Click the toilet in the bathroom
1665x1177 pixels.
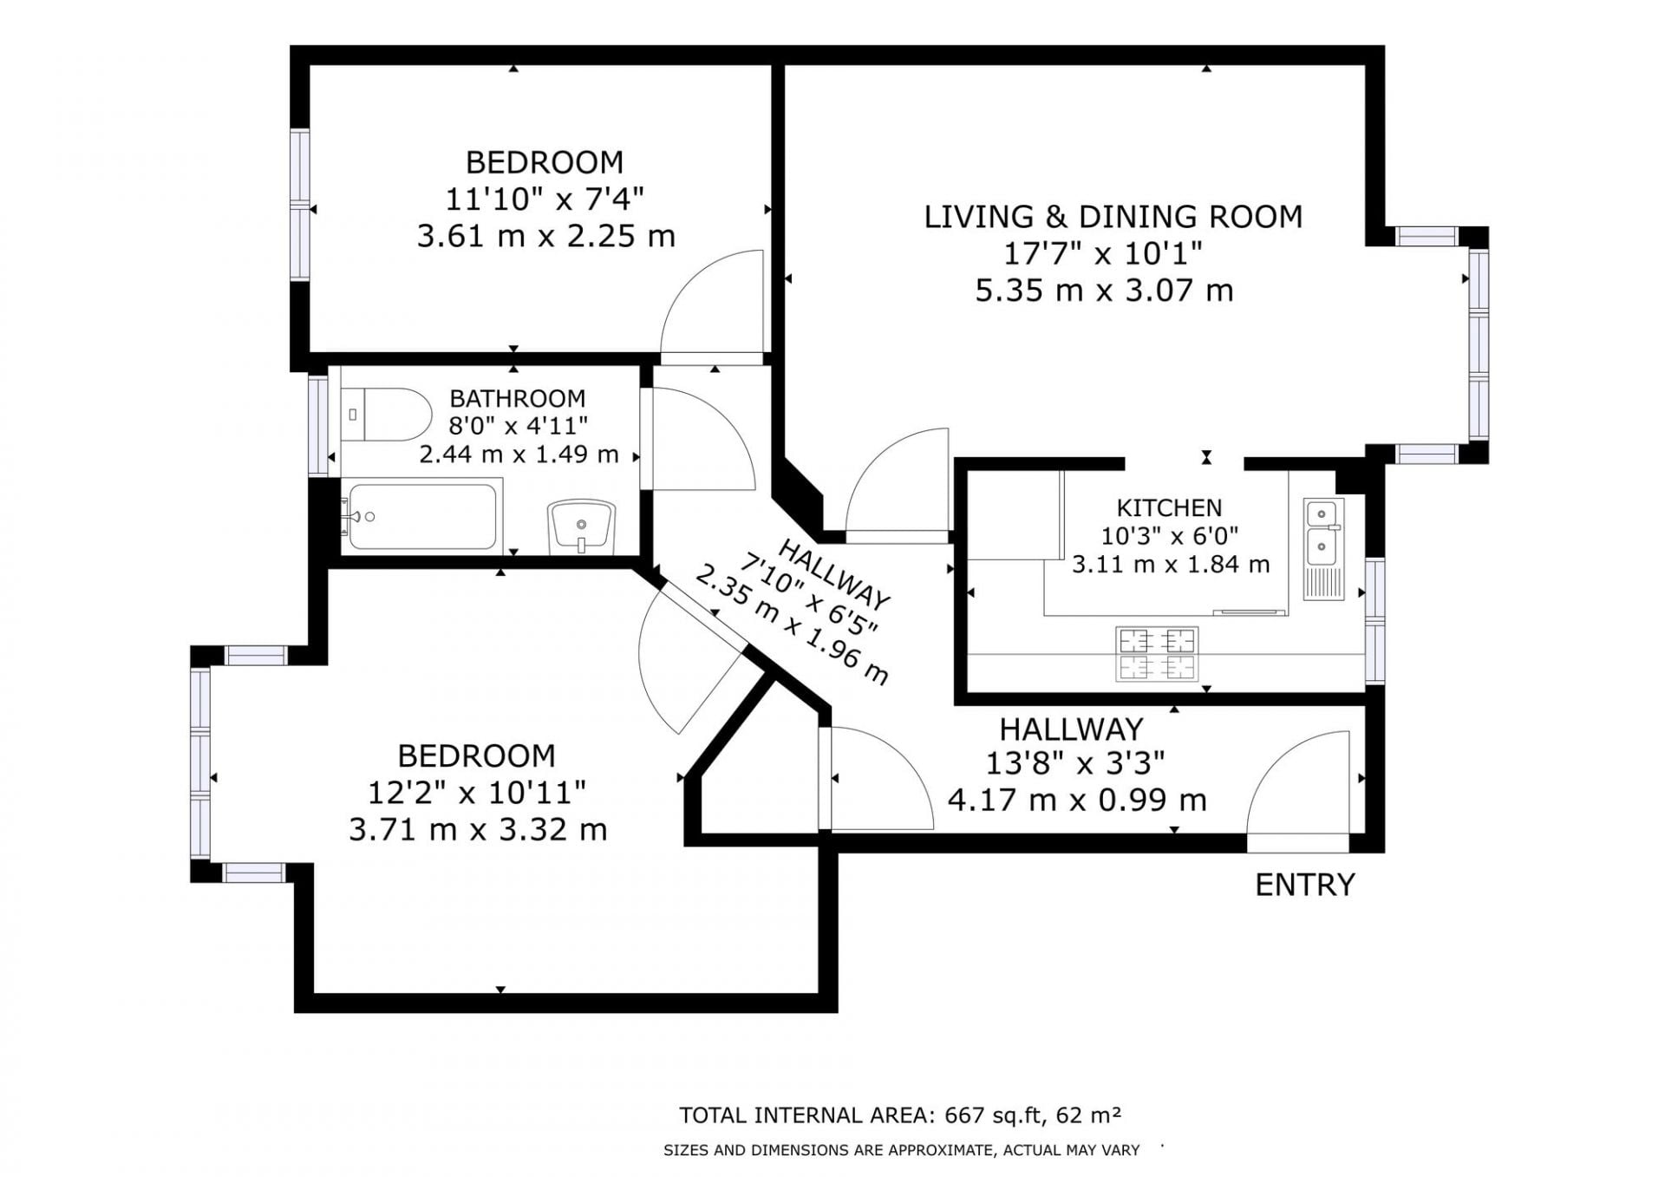pyautogui.click(x=386, y=415)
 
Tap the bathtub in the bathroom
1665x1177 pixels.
pyautogui.click(x=422, y=517)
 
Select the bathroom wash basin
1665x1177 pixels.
pyautogui.click(x=581, y=526)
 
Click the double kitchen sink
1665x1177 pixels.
pyautogui.click(x=1323, y=548)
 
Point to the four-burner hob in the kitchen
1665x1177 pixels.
pyautogui.click(x=1157, y=654)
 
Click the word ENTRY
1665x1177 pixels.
pyautogui.click(x=1305, y=885)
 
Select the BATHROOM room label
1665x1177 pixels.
pyautogui.click(x=518, y=398)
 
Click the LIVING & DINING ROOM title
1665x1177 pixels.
pyautogui.click(x=1113, y=216)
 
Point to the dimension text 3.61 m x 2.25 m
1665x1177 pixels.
pyautogui.click(x=545, y=236)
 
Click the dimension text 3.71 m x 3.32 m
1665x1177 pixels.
pyautogui.click(x=478, y=829)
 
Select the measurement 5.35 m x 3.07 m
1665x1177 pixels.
pyautogui.click(x=1104, y=290)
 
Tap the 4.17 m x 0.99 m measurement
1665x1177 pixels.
pyautogui.click(x=1077, y=799)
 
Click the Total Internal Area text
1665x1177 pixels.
pyautogui.click(x=900, y=1115)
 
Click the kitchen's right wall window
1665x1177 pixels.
pyautogui.click(x=1374, y=620)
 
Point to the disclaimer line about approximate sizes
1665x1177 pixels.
pyautogui.click(x=901, y=1150)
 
